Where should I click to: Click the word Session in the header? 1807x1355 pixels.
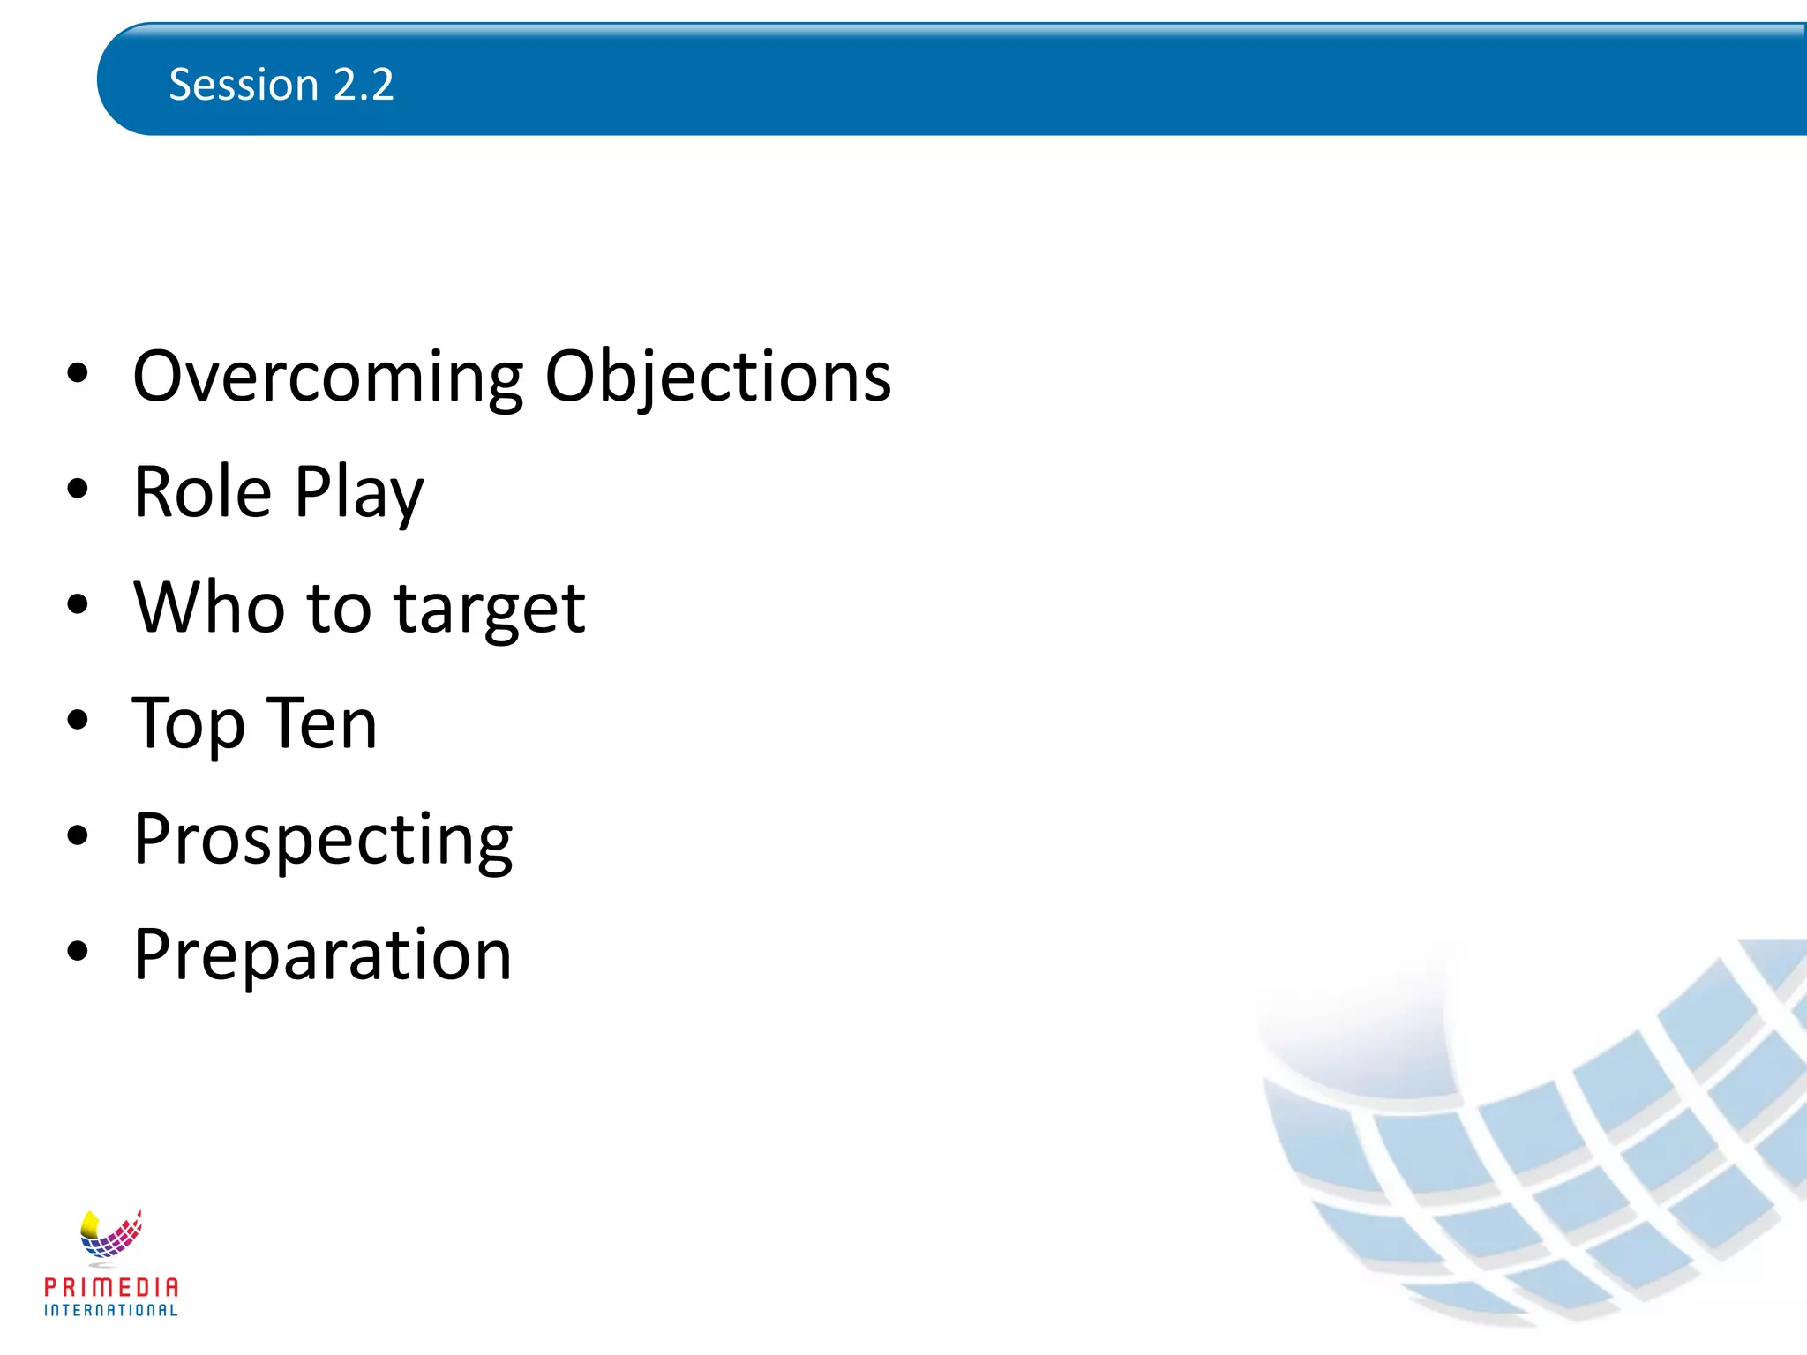244,86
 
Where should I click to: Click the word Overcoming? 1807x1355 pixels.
327,378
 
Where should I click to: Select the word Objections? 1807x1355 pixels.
717,378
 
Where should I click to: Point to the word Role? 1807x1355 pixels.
202,491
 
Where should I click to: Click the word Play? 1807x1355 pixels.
358,493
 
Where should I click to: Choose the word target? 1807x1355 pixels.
489,610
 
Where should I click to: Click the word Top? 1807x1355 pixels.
187,724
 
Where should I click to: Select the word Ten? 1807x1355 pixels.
322,722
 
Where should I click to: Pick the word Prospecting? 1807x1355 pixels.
323,841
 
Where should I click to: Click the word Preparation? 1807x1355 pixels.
322,954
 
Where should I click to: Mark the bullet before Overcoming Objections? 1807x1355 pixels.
78,374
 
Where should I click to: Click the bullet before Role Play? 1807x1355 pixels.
78,490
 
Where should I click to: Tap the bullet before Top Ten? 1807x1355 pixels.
78,721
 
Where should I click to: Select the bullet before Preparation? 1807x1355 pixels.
78,952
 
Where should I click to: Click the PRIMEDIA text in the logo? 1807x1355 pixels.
111,1287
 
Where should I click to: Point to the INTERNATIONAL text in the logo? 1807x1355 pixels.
111,1310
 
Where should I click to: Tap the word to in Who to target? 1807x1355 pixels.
339,609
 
